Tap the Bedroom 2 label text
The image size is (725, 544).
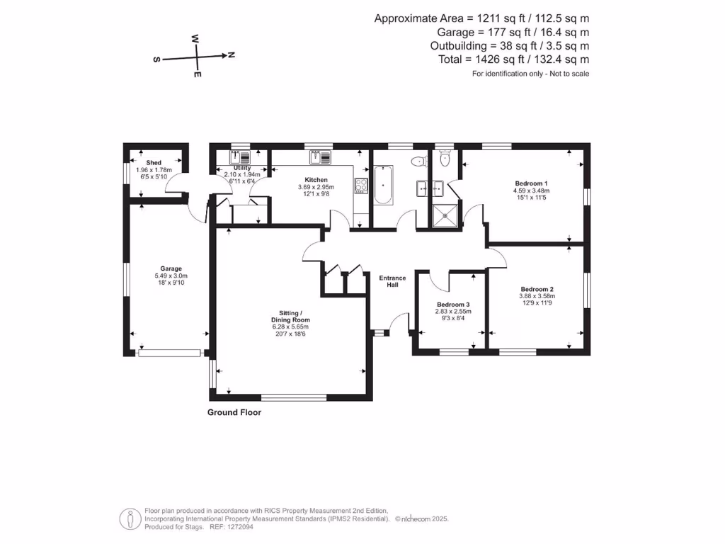537,289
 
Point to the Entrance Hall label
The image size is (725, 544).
392,281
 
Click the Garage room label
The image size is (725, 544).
171,268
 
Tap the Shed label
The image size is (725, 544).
154,163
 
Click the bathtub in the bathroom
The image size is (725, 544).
383,185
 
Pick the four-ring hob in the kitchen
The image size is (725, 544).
361,186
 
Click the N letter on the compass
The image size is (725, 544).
232,55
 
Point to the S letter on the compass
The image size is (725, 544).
156,60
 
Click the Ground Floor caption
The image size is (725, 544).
234,412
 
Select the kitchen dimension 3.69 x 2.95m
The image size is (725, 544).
315,188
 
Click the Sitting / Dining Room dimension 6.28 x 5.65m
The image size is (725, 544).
291,327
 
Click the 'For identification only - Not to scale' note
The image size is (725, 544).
530,74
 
